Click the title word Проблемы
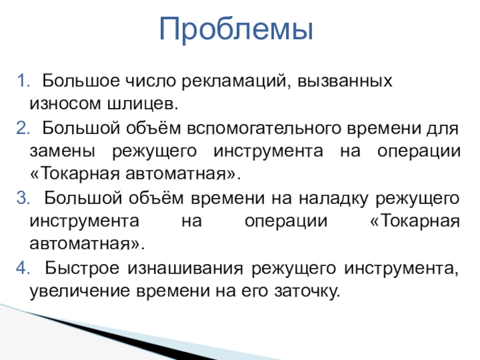236,29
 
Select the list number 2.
23,128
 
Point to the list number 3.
23,198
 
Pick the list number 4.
23,268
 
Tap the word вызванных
344,82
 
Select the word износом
65,104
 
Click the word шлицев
143,104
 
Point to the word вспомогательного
264,128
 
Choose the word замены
62,151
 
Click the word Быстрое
82,268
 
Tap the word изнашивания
185,269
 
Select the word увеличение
80,291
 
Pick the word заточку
307,291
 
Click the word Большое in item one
81,81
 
